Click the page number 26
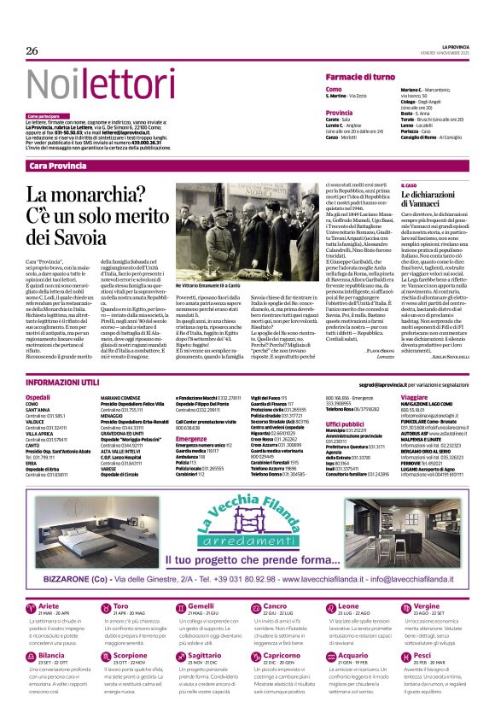pyautogui.click(x=32, y=50)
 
